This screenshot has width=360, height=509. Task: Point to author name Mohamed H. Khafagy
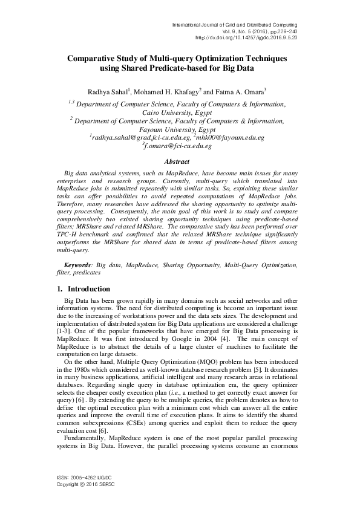(x=174, y=91)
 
